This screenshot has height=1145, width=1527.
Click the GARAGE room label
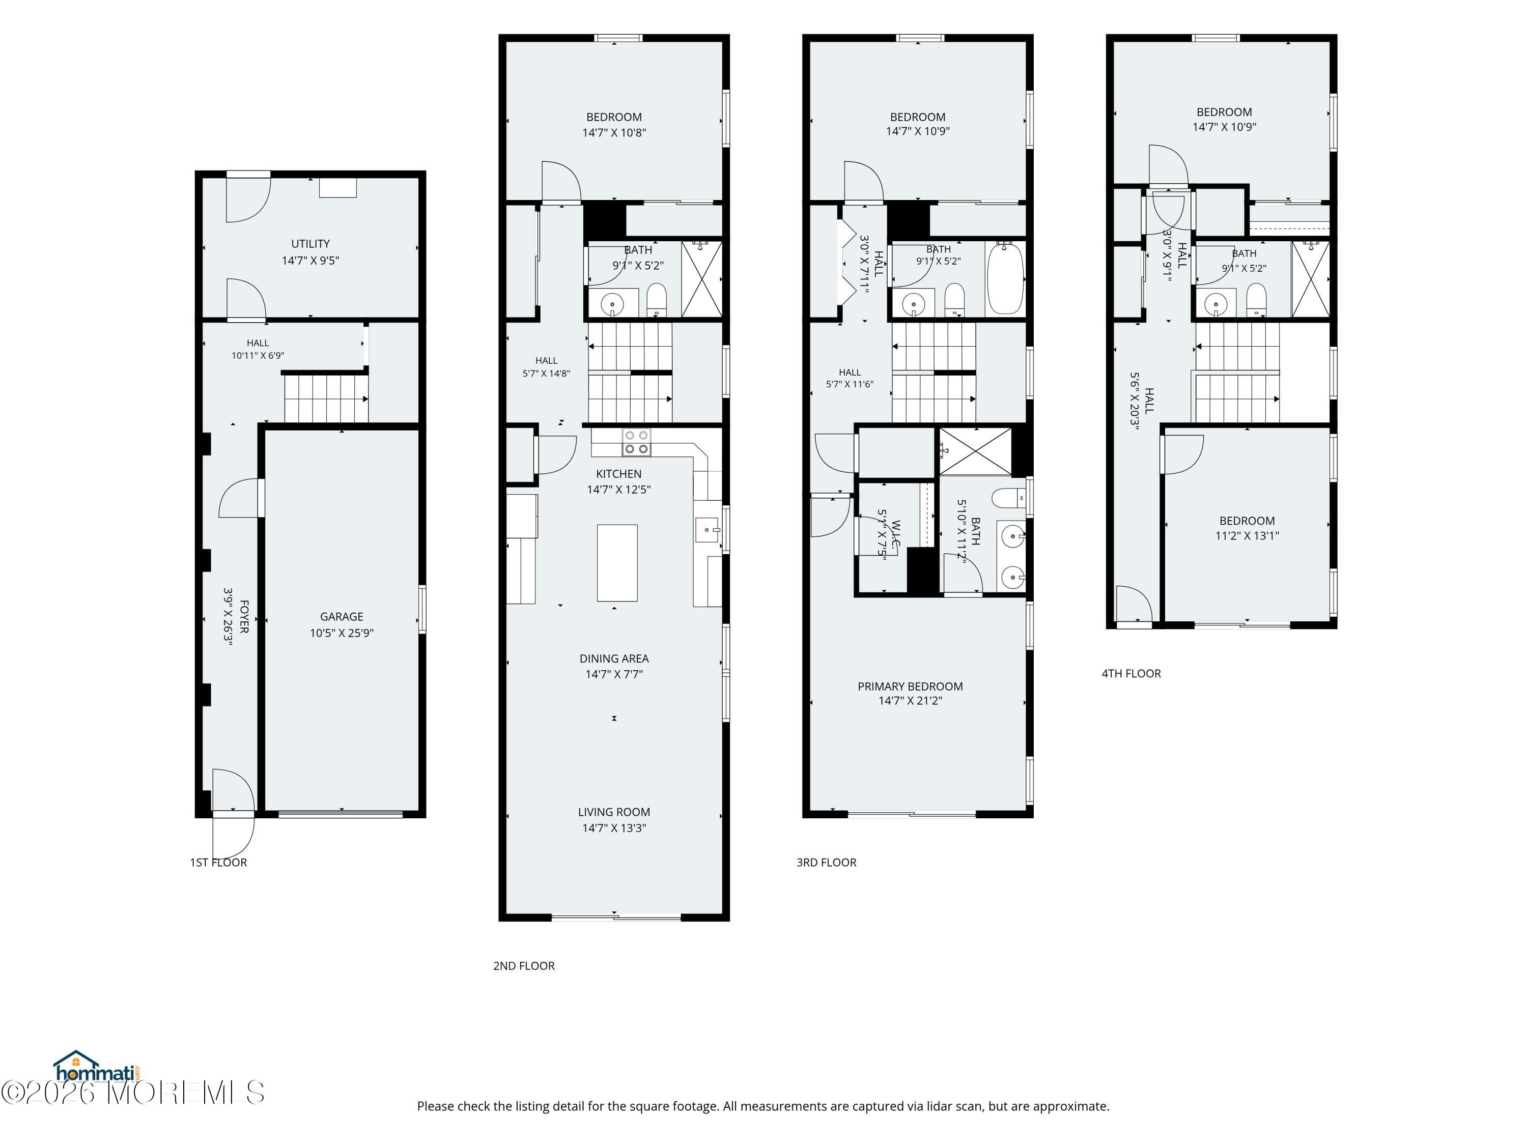[x=341, y=616]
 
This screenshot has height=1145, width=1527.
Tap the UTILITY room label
[x=310, y=244]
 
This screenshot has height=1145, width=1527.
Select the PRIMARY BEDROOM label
[x=910, y=686]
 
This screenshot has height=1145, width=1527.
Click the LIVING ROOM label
[x=614, y=812]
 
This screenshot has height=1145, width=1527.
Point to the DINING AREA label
[x=614, y=659]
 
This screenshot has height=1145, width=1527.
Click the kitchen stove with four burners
[x=636, y=442]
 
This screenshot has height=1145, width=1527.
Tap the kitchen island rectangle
[x=617, y=562]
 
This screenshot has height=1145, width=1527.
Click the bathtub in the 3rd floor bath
[x=1005, y=278]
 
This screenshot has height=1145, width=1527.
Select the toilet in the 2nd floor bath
[x=657, y=300]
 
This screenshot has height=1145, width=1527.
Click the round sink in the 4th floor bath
[x=1215, y=303]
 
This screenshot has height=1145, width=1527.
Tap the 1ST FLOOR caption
[x=218, y=862]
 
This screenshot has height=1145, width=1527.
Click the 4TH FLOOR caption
[x=1131, y=673]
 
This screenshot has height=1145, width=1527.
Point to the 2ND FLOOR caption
[x=523, y=965]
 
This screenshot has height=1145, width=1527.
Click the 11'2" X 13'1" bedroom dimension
[x=1247, y=535]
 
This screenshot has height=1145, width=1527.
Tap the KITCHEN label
[x=618, y=473]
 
